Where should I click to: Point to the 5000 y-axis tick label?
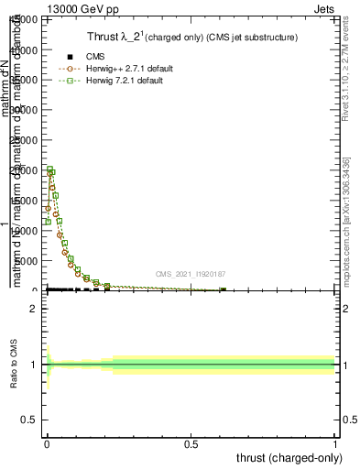[28, 261]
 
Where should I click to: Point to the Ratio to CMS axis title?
[14, 365]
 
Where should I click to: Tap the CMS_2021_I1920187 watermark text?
[190, 273]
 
